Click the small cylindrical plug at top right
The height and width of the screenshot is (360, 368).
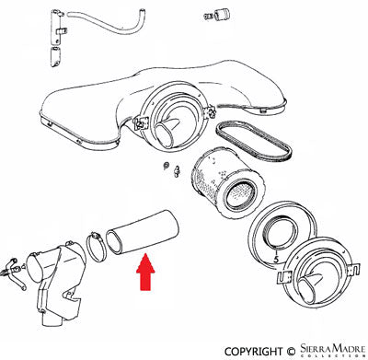click(x=219, y=13)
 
